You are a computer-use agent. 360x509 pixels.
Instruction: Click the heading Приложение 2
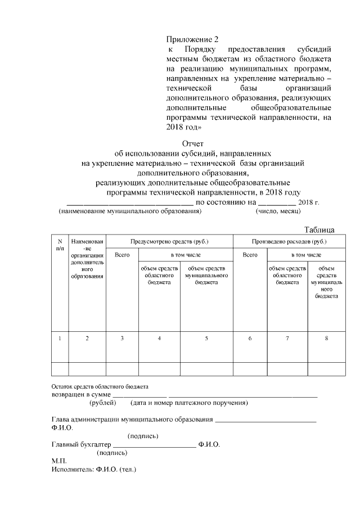(191, 39)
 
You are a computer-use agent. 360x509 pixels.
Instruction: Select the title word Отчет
(192, 143)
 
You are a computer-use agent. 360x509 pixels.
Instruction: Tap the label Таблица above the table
(319, 229)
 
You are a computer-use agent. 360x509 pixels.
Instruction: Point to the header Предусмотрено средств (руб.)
(169, 241)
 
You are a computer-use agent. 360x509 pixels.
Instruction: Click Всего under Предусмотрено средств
(122, 255)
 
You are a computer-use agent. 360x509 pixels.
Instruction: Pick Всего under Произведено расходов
(250, 255)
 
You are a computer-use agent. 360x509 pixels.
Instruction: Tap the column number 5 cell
(206, 338)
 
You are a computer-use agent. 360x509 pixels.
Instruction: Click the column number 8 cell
(326, 338)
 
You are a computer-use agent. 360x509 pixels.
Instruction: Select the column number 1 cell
(60, 338)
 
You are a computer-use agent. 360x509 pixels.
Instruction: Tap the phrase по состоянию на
(226, 202)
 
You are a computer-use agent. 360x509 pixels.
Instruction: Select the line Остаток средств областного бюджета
(100, 386)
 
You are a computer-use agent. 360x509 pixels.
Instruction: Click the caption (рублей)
(102, 403)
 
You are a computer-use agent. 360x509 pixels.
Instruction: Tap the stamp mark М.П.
(58, 461)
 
